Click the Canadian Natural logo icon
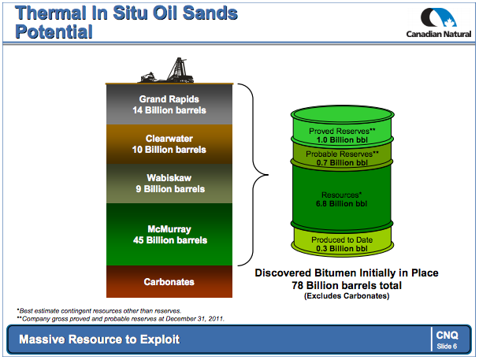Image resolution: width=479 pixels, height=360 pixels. pos(438,17)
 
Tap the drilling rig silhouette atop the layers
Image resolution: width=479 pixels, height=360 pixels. pos(167,70)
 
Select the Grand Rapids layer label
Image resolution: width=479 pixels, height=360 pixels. pos(169,99)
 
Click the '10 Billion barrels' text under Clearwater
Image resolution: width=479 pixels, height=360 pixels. pos(169,150)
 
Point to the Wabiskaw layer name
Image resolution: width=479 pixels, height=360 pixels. pos(169,178)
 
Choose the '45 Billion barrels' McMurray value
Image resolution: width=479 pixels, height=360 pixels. pos(170,240)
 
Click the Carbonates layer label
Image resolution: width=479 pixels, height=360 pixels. pos(169,282)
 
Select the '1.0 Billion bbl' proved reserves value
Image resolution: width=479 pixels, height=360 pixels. pos(342,140)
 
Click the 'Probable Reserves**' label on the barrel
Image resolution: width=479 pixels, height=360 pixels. pos(342,154)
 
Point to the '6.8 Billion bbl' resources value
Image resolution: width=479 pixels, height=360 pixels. pos(342,204)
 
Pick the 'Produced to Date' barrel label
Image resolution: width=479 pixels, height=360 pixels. pos(342,240)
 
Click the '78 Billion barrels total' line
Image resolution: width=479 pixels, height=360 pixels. pos(347,285)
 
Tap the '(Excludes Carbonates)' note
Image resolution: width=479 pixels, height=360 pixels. pos(347,296)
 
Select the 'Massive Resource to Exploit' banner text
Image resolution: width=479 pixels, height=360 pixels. pos(99,340)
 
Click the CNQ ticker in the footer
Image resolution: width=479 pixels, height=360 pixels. pos(447,336)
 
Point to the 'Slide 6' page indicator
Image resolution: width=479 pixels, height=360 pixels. pos(447,347)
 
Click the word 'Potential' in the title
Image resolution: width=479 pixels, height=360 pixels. pos(54,32)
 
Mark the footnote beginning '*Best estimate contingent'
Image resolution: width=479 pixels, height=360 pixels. pos(99,311)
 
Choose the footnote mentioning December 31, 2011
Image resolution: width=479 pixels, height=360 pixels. pos(121,319)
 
